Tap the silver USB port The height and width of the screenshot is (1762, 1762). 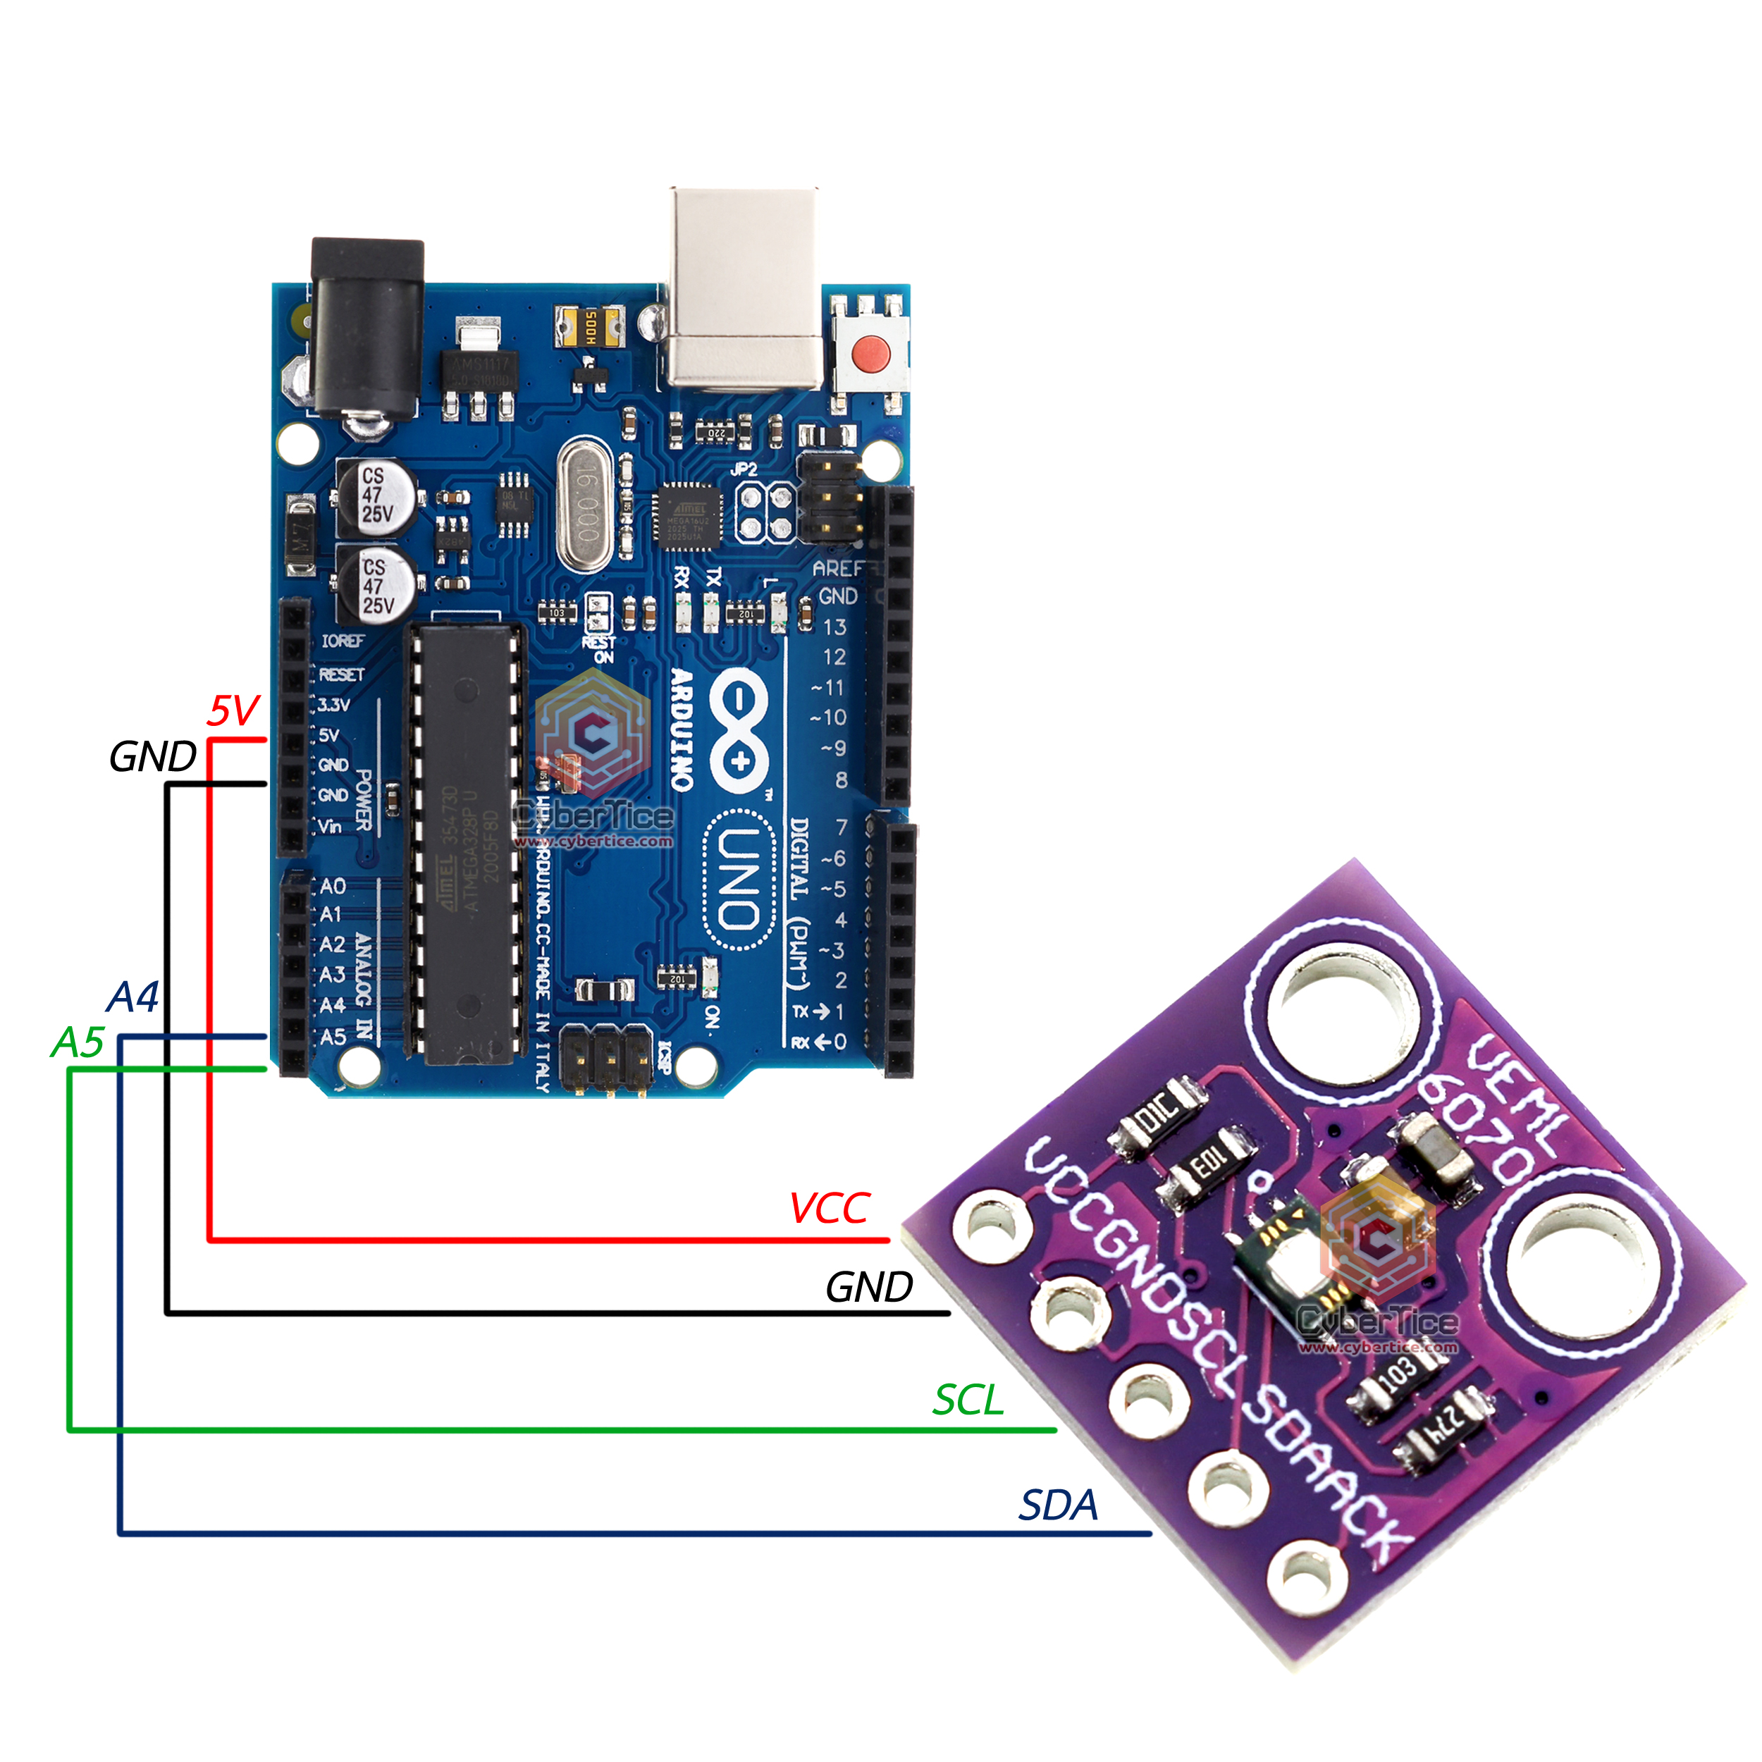(744, 288)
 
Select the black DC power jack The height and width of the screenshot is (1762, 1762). (367, 328)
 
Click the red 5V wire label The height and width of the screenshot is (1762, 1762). (233, 710)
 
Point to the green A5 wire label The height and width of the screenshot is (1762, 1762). (78, 1042)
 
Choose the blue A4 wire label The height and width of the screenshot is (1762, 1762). (133, 997)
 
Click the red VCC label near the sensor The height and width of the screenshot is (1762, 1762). (830, 1209)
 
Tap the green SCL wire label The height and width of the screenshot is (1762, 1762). (968, 1400)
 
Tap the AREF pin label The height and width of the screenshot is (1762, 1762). (837, 568)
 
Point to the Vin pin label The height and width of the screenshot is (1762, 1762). (329, 826)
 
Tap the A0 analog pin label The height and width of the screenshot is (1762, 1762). (333, 885)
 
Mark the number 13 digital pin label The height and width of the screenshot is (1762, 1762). (834, 627)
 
